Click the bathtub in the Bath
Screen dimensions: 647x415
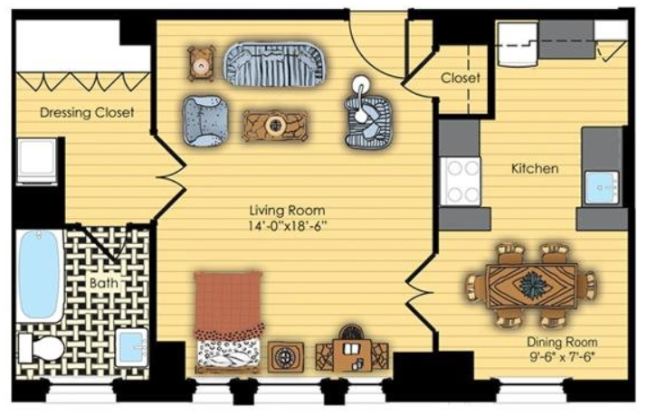tap(39, 276)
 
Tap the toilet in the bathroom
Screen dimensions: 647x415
tap(42, 348)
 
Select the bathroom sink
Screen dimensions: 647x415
tap(131, 347)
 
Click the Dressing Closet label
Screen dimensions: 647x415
tap(87, 112)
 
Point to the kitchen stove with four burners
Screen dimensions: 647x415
tap(460, 182)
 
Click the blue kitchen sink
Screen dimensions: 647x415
tap(602, 187)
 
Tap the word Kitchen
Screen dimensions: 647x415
tap(535, 168)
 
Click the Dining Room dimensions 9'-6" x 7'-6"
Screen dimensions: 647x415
tap(562, 356)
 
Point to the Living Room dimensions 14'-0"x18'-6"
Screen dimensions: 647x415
tap(288, 226)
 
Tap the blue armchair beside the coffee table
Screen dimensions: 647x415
tap(205, 121)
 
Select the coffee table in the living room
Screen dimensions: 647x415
tap(274, 126)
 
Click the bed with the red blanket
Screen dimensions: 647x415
tap(228, 321)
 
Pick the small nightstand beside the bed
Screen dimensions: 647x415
tap(285, 356)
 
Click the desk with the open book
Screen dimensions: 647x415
tap(352, 351)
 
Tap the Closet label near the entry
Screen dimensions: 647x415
tap(460, 78)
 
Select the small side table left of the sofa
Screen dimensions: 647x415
tap(201, 64)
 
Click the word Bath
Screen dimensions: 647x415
tap(103, 283)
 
